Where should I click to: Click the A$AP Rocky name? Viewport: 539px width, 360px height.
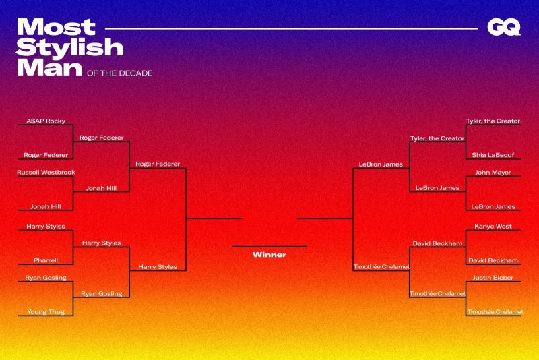[46, 121]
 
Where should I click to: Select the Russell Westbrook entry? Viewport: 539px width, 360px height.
[46, 173]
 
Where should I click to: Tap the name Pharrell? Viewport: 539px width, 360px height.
[46, 260]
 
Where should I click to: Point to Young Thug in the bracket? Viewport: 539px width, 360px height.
[46, 312]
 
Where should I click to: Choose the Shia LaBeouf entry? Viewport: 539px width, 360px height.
[493, 155]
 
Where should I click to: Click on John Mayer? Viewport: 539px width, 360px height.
[493, 173]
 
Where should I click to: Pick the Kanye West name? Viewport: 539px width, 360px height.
[493, 227]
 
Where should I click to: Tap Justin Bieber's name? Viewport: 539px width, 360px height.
[493, 278]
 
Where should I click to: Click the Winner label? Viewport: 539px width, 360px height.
[269, 255]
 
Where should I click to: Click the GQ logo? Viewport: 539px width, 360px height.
[504, 27]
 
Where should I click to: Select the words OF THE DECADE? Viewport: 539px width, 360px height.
[120, 73]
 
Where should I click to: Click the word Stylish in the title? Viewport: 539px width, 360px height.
[70, 48]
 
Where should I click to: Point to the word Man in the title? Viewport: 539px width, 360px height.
[49, 67]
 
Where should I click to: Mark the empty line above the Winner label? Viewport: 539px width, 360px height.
[269, 247]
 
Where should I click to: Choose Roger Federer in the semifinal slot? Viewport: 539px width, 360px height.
[158, 164]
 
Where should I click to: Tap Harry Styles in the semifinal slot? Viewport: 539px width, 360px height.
[158, 267]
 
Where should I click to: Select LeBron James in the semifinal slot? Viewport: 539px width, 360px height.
[381, 164]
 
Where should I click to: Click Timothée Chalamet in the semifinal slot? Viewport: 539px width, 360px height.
[381, 267]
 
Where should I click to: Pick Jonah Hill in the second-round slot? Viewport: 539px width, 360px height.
[102, 188]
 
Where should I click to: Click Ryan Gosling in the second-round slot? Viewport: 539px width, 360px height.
[102, 294]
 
